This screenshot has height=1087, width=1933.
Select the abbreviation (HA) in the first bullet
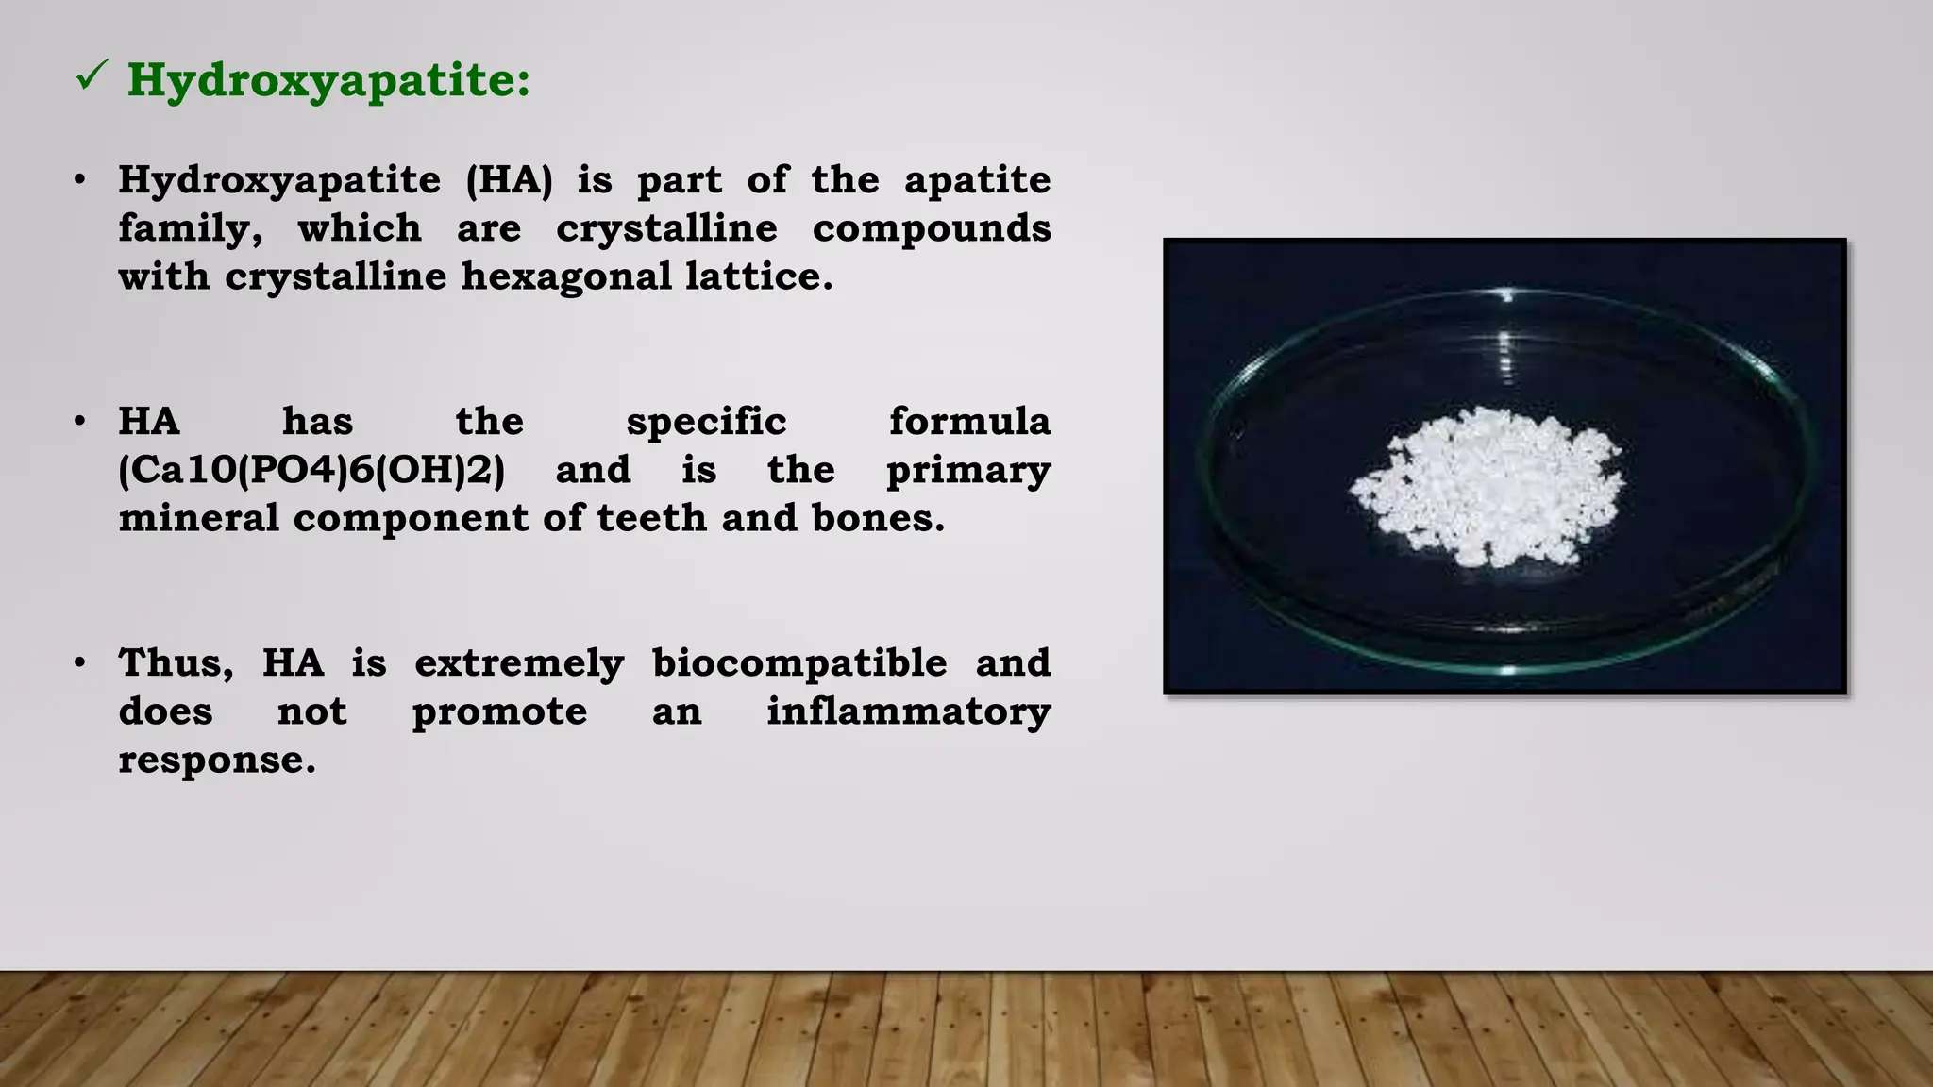510,180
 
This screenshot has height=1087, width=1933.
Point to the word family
190,229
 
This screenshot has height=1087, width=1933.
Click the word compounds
932,228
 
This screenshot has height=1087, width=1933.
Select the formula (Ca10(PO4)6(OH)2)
311,470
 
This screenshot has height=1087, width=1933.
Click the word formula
969,422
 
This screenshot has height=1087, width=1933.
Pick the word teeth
651,518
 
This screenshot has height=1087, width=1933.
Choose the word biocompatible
799,662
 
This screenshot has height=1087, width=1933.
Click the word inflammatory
908,711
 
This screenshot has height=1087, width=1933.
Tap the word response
216,761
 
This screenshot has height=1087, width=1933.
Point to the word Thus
176,663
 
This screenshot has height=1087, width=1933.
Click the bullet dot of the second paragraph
80,421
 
